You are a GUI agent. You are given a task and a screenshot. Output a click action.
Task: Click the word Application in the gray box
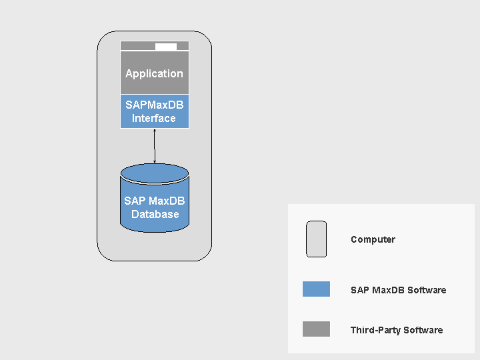154,74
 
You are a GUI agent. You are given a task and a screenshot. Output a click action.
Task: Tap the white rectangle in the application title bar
166,47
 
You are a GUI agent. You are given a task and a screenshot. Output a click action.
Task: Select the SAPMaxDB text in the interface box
154,105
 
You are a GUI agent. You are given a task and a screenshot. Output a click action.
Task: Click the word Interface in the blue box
154,119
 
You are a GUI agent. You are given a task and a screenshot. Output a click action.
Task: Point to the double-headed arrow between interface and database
155,146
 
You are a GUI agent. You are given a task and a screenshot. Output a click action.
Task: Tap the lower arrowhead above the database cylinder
155,161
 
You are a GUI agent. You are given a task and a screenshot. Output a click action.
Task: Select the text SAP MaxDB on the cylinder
155,201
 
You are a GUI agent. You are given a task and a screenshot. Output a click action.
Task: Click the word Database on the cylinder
155,215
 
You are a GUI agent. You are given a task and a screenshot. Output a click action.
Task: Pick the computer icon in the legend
316,239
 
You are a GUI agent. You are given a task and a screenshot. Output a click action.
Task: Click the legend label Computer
373,239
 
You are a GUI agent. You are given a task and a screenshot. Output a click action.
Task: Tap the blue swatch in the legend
316,289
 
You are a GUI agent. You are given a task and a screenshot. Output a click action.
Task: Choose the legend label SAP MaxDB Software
398,290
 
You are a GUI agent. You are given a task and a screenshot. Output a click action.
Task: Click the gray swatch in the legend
316,329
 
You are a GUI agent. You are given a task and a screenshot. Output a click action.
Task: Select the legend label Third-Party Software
396,330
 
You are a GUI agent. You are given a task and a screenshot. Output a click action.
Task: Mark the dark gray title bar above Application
137,47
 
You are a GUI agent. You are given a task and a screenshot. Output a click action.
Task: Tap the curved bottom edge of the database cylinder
155,231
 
